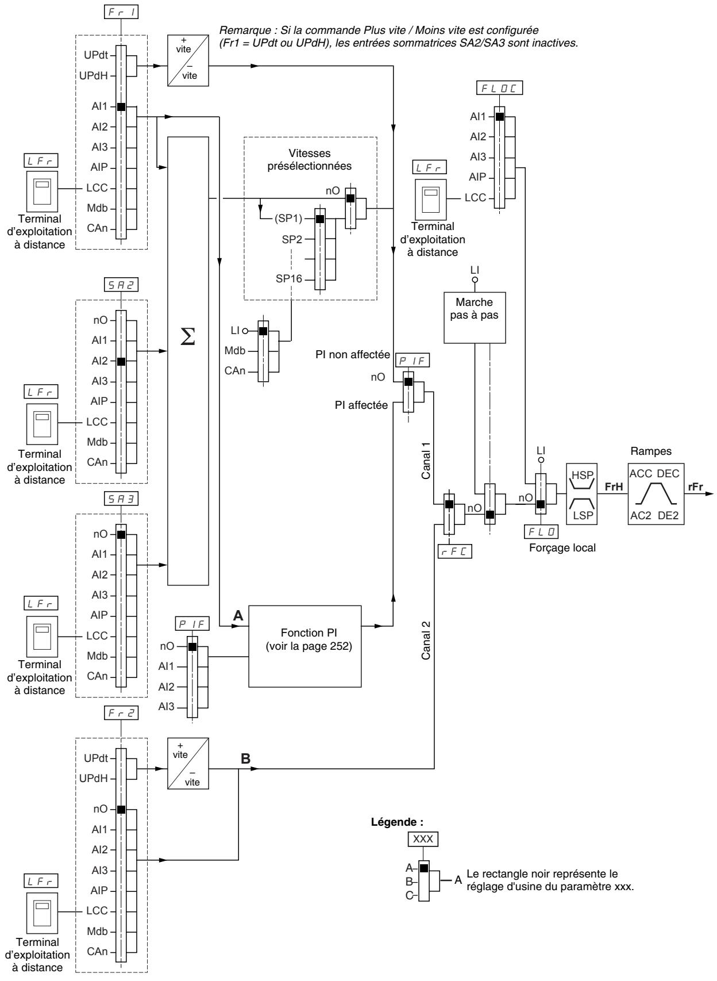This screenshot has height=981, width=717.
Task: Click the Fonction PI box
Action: [304, 646]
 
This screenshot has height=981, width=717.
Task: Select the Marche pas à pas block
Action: [475, 317]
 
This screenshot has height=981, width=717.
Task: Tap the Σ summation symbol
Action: [188, 336]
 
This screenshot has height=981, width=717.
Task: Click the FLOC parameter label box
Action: [499, 88]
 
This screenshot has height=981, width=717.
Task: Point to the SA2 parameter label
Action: [121, 285]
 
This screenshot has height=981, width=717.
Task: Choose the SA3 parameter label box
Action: [121, 499]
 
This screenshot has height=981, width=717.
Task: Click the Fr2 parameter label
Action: [121, 713]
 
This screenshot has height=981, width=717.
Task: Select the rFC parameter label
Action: [455, 551]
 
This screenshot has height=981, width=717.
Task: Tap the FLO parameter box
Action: [541, 532]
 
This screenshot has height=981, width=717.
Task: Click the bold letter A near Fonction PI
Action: [238, 616]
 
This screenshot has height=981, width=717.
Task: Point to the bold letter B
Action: [246, 758]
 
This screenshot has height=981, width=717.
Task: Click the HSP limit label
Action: [582, 475]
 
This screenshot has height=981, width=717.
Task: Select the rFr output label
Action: [695, 486]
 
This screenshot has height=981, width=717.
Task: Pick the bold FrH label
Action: [614, 486]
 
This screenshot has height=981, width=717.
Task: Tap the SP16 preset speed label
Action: [289, 278]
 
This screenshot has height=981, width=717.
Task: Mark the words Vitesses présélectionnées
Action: [310, 159]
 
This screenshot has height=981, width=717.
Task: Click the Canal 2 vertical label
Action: [426, 640]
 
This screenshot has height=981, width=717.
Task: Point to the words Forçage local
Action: [562, 548]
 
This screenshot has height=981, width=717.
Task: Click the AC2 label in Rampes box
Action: [641, 515]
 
